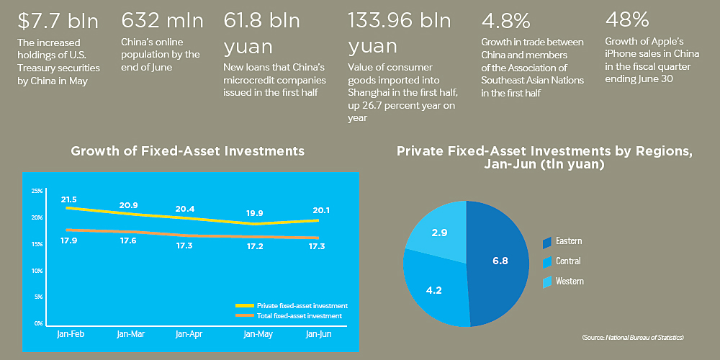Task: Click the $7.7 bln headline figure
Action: click(58, 21)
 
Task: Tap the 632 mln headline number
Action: click(163, 21)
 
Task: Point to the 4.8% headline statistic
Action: click(506, 21)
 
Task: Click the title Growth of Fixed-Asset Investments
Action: click(188, 151)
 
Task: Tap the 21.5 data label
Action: click(68, 199)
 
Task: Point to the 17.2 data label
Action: click(256, 247)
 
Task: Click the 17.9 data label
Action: click(68, 240)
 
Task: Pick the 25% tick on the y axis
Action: click(37, 191)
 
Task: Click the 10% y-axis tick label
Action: click(37, 271)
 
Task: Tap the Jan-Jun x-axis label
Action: click(319, 334)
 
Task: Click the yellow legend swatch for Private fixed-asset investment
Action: click(244, 306)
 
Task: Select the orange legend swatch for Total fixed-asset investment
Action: click(244, 316)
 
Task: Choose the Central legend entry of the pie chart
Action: click(562, 261)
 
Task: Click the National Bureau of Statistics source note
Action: click(633, 338)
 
